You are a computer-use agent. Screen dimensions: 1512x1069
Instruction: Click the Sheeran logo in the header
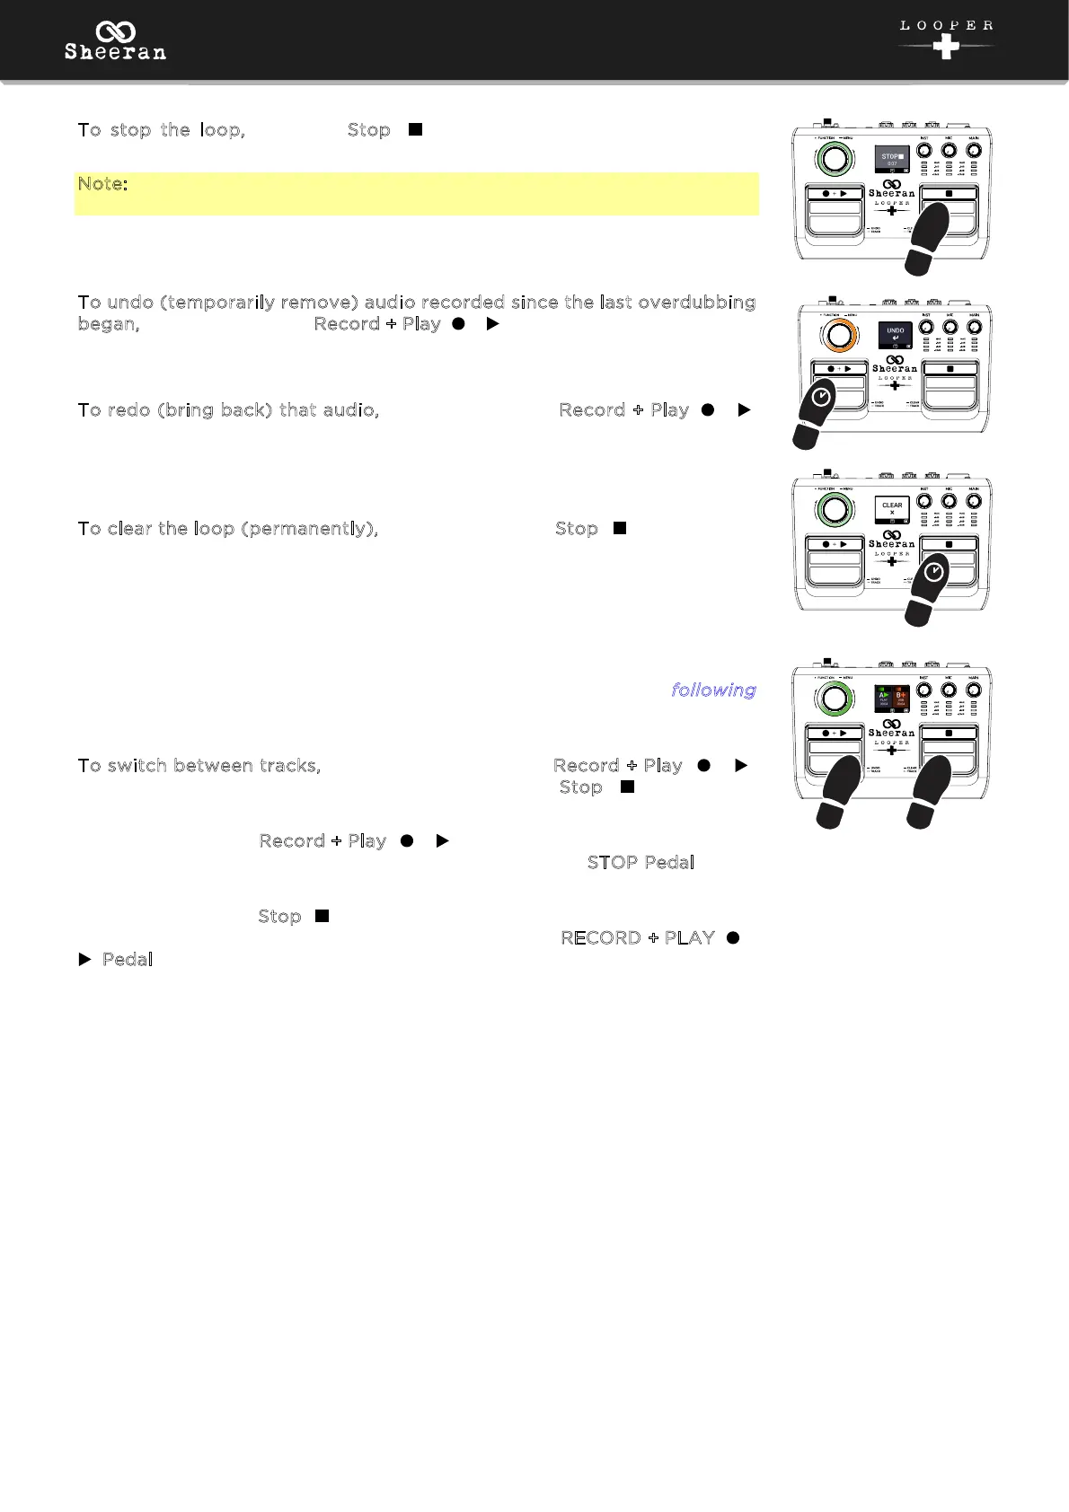tap(115, 42)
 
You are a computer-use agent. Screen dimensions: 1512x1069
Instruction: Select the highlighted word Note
tap(102, 184)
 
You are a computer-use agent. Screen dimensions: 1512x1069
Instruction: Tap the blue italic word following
tap(713, 690)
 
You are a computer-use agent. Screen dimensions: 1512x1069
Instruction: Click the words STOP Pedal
tap(641, 863)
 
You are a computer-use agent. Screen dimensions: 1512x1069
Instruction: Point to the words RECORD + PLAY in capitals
tap(638, 938)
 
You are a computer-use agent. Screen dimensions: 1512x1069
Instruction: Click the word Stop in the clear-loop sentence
tap(577, 529)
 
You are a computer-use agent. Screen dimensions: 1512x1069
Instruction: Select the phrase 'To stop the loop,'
tap(162, 130)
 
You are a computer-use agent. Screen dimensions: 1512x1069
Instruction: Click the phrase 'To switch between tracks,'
tap(199, 766)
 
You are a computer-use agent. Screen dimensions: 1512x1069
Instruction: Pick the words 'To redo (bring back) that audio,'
tap(229, 410)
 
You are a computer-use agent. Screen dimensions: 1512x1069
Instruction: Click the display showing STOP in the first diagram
tap(892, 160)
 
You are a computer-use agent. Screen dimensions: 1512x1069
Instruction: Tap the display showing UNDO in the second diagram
tap(895, 335)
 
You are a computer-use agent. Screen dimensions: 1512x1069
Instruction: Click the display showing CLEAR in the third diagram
tap(892, 510)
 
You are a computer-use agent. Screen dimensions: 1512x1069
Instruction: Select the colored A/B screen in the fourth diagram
tap(892, 699)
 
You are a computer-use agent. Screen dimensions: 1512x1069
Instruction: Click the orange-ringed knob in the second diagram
tap(839, 336)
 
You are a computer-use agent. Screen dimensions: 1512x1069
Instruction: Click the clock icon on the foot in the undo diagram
tap(821, 397)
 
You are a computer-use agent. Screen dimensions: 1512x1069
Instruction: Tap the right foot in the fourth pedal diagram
tap(930, 789)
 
